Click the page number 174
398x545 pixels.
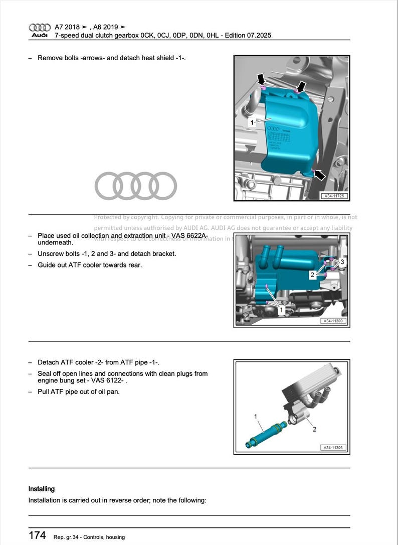[x=37, y=535]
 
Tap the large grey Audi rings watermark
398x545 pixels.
[x=136, y=186]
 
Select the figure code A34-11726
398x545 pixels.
[x=334, y=196]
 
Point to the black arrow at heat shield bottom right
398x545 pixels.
[x=319, y=175]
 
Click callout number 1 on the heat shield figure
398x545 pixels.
[x=252, y=122]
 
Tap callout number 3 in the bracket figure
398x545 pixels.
[x=342, y=262]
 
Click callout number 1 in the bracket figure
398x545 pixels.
[x=281, y=311]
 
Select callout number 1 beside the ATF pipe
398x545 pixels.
[x=256, y=416]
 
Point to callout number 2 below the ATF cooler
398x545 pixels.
[x=314, y=430]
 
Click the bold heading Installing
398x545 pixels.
[x=42, y=489]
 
